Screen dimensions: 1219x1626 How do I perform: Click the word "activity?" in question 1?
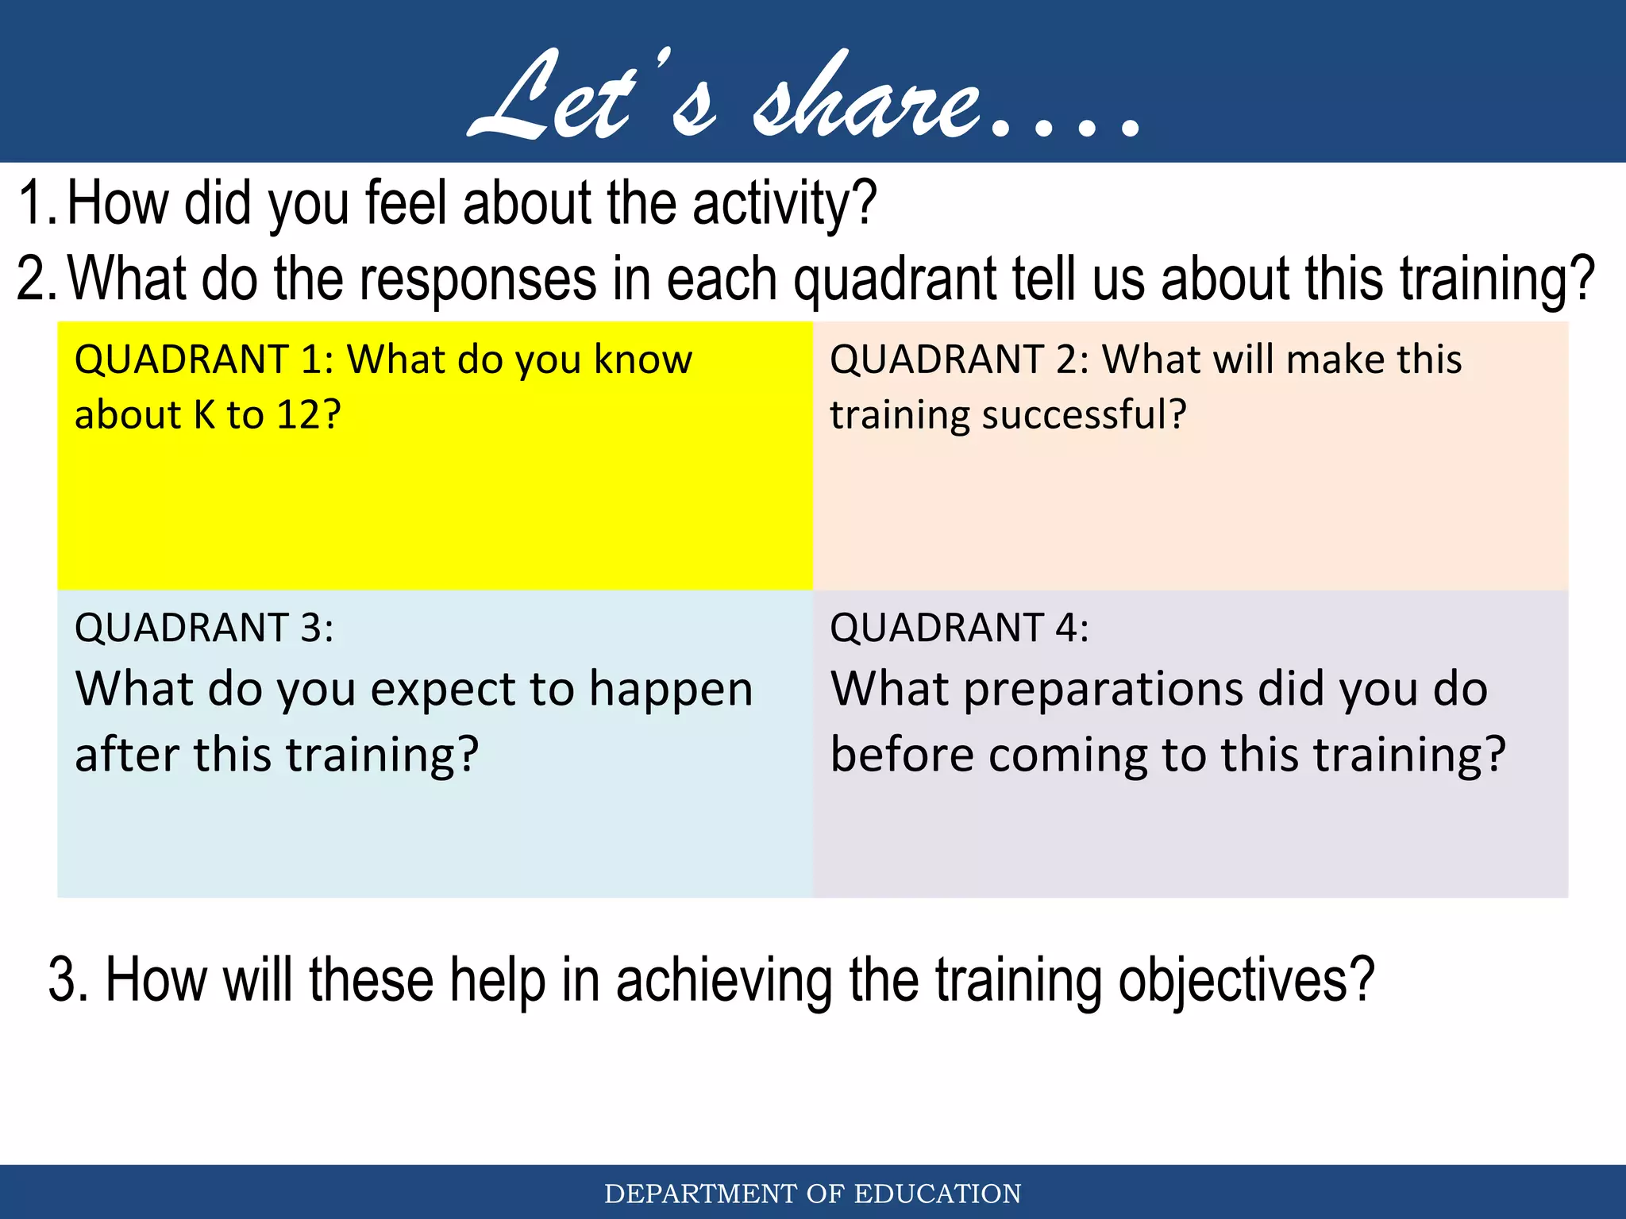tap(784, 204)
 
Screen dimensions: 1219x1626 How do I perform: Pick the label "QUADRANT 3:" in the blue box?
tap(203, 628)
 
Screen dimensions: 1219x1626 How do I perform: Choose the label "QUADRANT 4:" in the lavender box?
tap(959, 628)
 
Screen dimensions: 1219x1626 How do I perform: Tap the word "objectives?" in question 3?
tap(1246, 981)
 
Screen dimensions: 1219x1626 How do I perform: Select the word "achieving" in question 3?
tap(723, 981)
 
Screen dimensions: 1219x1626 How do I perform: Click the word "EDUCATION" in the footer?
tap(937, 1194)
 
